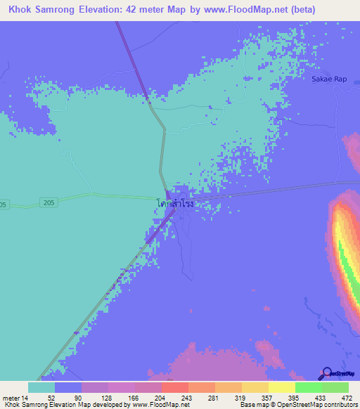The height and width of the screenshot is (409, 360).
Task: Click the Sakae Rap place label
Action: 329,79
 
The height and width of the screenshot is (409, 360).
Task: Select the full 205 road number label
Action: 47,202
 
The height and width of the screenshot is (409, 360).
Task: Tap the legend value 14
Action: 26,398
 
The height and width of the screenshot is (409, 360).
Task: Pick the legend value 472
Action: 345,398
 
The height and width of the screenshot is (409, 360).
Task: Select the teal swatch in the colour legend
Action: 41,387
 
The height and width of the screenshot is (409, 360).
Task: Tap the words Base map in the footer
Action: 253,405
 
